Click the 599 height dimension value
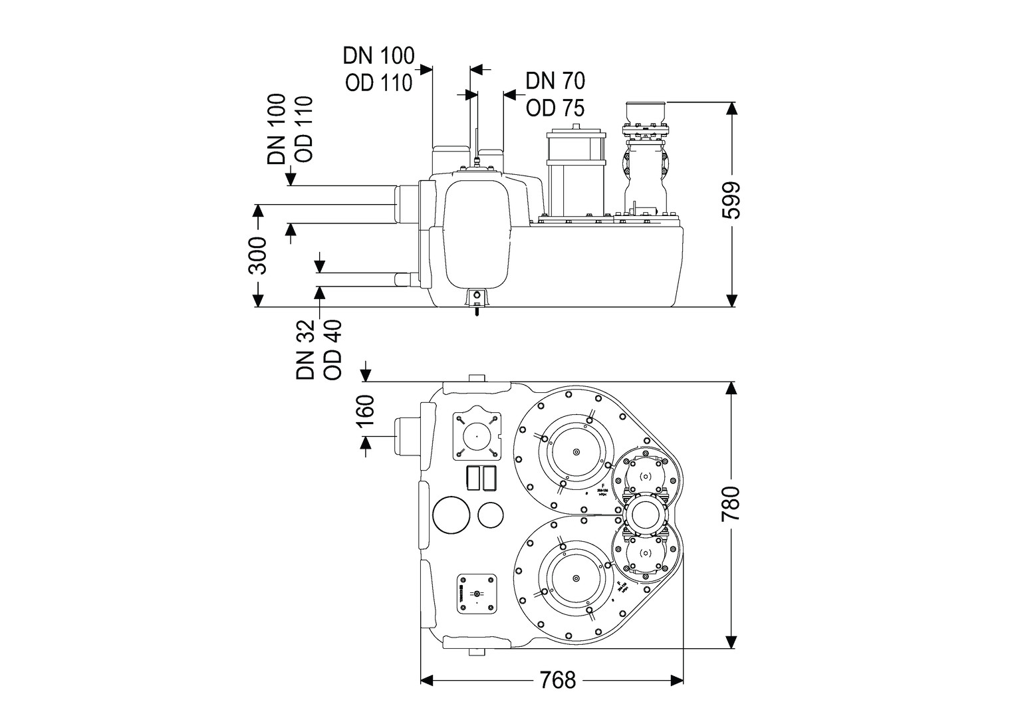pos(731,200)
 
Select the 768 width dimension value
pos(557,680)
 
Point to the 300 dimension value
pos(257,255)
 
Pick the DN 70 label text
pos(555,80)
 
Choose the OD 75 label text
pos(555,107)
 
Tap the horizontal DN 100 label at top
pos(378,55)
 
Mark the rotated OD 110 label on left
pos(303,130)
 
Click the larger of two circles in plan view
pos(451,516)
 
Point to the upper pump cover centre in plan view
pos(576,452)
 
